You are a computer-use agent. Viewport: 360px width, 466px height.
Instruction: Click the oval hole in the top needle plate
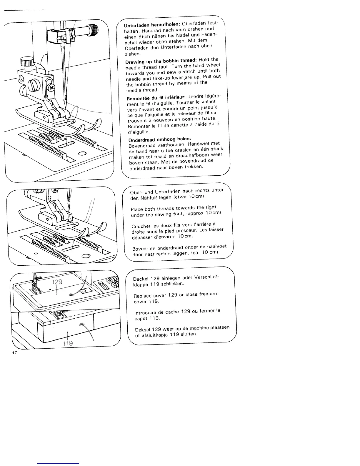pos(82,153)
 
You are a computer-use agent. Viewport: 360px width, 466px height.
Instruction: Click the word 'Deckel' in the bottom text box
pos(141,279)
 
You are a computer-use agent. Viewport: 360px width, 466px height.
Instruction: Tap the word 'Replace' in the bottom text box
pos(143,296)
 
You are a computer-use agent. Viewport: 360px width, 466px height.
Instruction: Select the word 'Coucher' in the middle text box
pos(141,227)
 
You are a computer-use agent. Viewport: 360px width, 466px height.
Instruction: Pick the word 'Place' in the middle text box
pos(137,209)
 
